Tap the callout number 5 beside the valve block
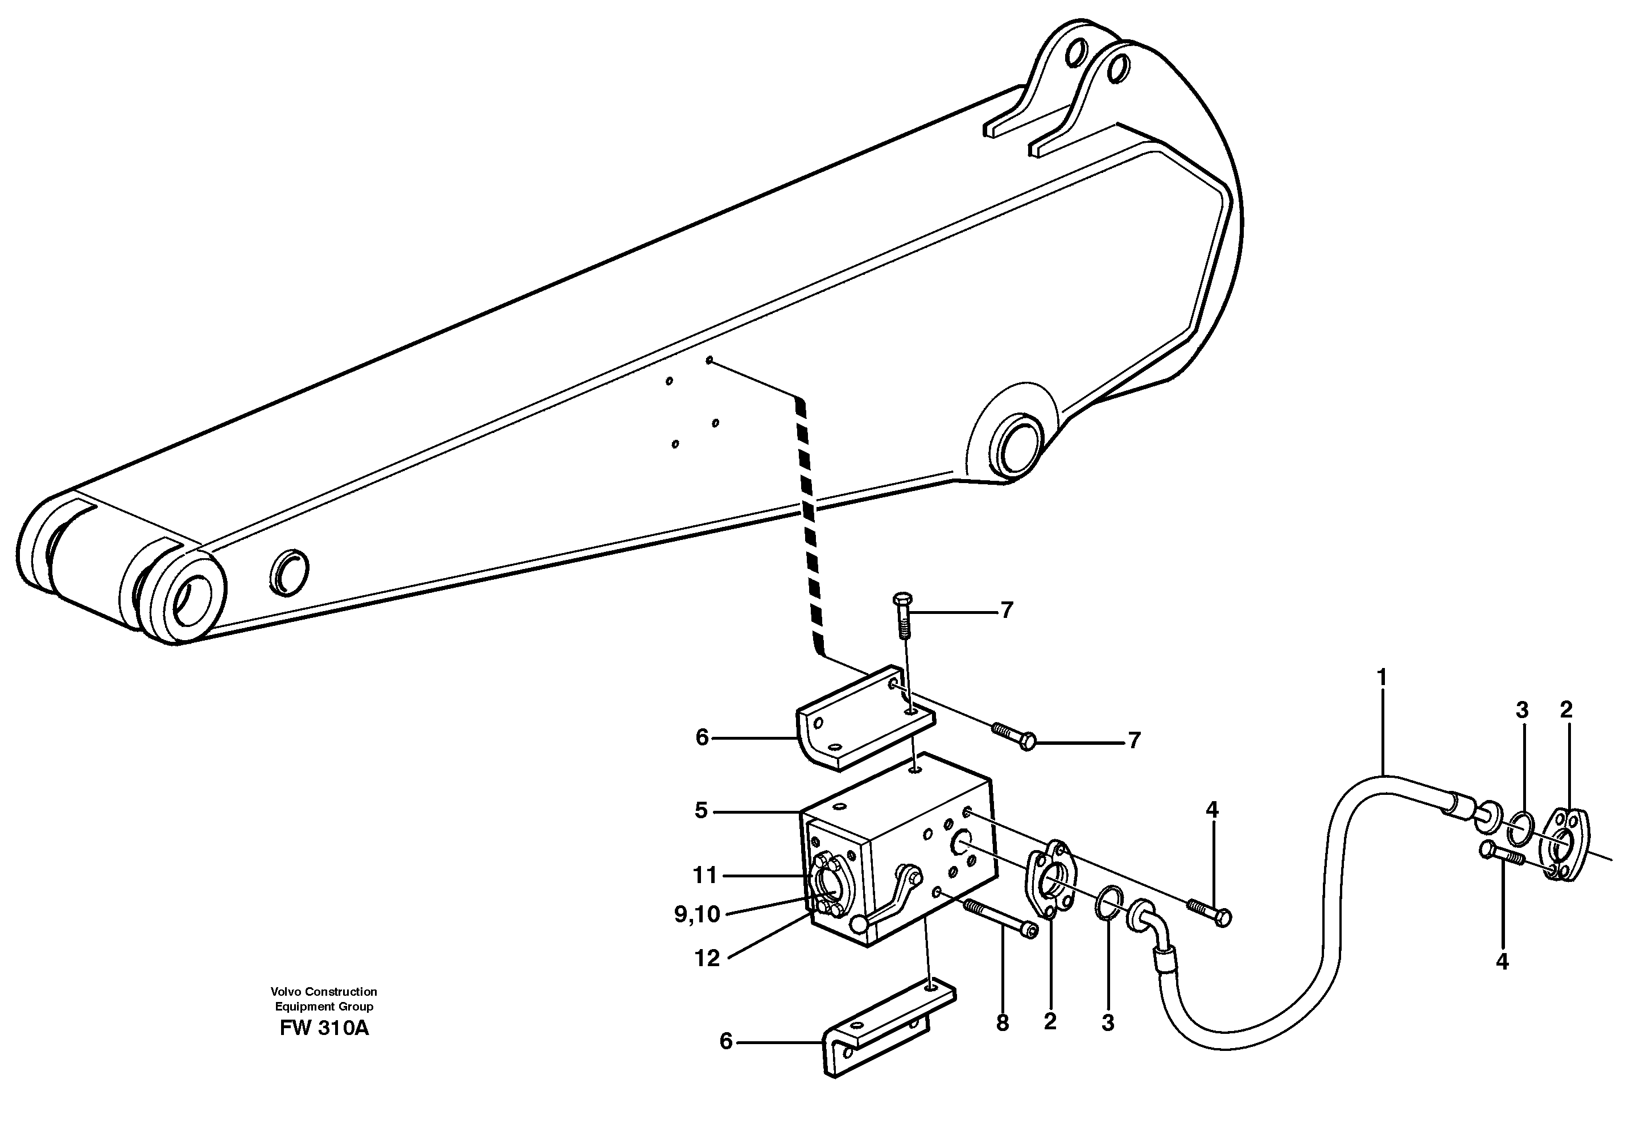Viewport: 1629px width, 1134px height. tap(701, 810)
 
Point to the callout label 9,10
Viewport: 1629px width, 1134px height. tap(697, 915)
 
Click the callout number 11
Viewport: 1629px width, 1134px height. tap(704, 876)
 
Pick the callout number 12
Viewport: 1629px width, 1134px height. tap(707, 959)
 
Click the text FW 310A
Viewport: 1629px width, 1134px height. tap(324, 1028)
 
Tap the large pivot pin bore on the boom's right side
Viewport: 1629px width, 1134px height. tap(1020, 446)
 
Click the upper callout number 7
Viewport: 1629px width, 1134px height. tap(1006, 611)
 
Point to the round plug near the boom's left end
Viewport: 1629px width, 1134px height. tap(290, 571)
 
